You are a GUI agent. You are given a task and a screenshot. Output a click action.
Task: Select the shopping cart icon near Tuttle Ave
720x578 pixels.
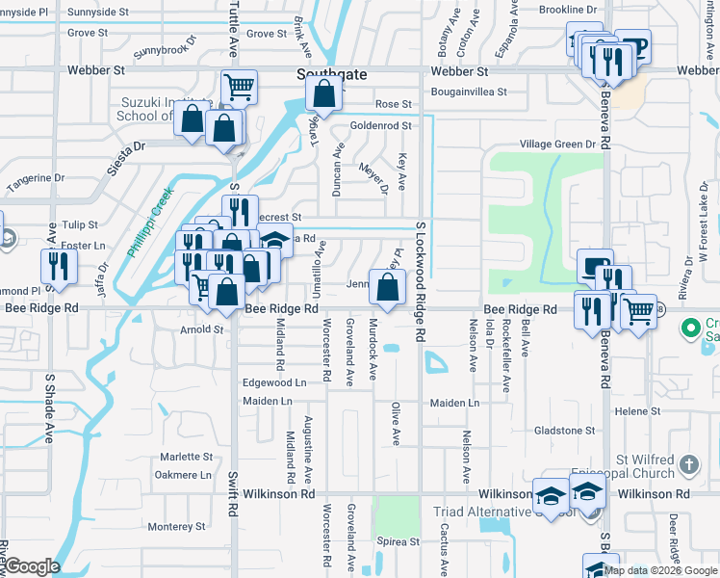point(239,89)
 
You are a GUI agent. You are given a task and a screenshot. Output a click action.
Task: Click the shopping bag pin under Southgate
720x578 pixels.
point(324,94)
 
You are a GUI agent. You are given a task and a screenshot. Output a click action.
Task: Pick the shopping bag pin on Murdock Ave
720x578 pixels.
point(387,288)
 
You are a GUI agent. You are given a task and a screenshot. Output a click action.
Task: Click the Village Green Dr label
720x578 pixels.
point(558,144)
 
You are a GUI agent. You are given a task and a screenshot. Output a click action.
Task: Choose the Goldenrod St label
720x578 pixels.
point(380,126)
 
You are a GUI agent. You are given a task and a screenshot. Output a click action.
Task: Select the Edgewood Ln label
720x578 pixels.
point(274,382)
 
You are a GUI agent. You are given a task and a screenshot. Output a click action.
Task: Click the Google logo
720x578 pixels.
point(33,566)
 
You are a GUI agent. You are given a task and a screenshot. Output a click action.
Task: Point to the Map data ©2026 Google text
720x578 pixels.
point(660,570)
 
